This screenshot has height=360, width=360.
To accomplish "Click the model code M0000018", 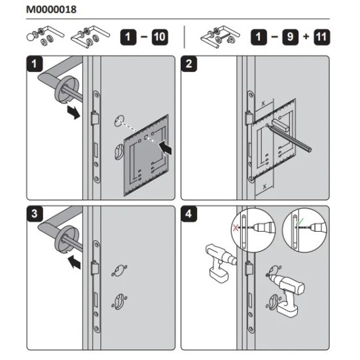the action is point(51,10).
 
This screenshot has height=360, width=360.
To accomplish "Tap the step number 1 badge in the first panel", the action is point(35,64).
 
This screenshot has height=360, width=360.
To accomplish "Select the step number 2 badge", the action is point(189,64).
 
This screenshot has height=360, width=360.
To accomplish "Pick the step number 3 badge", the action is point(35,214).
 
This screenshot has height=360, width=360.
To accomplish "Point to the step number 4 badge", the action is point(189,214).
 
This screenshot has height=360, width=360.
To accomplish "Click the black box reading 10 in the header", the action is point(160,37).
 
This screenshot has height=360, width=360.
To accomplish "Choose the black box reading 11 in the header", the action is point(321,37).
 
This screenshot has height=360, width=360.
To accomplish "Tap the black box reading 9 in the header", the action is point(290,37).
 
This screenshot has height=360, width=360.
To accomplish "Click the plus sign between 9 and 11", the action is point(306,37).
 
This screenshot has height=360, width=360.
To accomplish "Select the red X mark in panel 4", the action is point(236,228).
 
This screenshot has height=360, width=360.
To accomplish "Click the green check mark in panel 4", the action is point(300,221).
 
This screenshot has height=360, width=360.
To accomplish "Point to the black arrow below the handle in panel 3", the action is point(75,262).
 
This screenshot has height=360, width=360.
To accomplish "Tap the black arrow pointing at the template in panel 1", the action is point(165,148).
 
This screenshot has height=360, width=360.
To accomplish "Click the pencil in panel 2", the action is point(290,139).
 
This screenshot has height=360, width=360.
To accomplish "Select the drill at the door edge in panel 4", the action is point(221,263).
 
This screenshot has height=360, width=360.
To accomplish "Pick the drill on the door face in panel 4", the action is point(287,295).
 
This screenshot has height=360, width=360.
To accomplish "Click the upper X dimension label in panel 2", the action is point(263,104).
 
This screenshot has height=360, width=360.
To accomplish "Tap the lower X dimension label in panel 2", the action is point(264,187).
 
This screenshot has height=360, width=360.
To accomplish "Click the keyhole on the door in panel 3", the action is point(119,301).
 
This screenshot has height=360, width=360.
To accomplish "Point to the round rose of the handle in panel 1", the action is point(66,89).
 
